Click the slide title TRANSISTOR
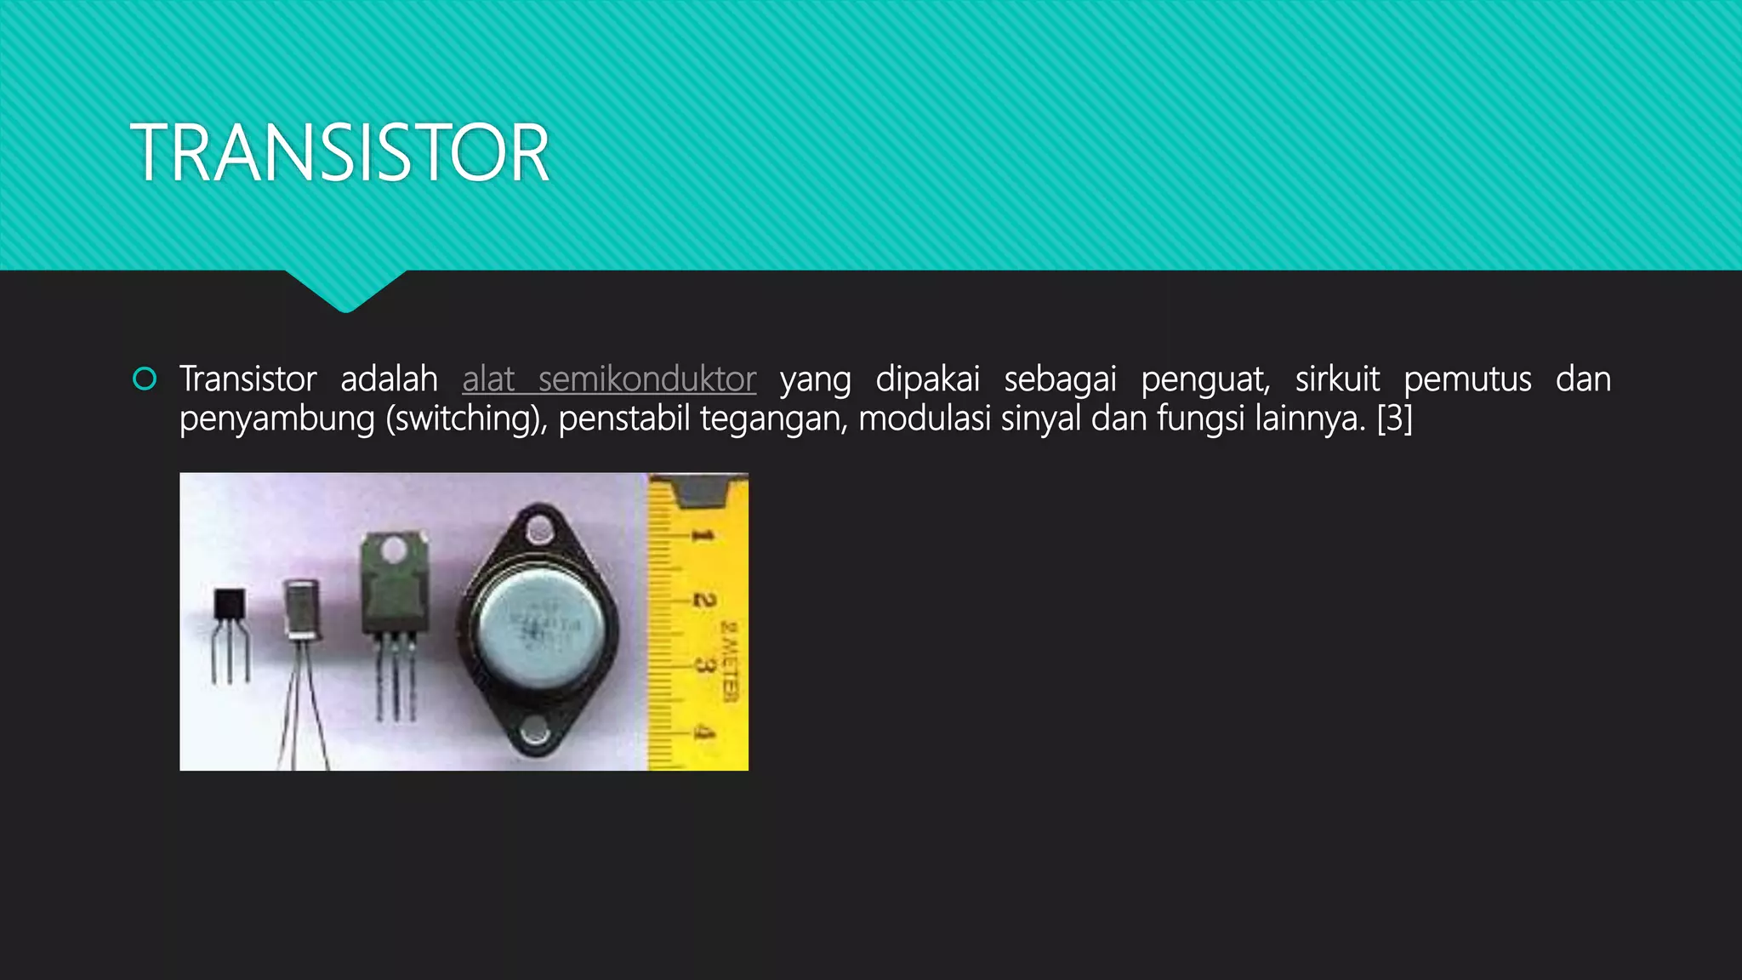[x=339, y=153]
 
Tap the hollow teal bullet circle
[x=145, y=379]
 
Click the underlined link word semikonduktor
[x=646, y=379]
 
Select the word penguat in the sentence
[x=1204, y=379]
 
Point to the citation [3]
[x=1394, y=419]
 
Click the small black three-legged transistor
[x=230, y=606]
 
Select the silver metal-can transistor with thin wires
[x=302, y=608]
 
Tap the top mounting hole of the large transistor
[x=539, y=531]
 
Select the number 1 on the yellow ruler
[x=702, y=536]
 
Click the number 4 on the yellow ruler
[x=703, y=732]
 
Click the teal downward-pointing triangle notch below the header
[x=345, y=290]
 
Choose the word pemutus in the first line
[x=1467, y=379]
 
